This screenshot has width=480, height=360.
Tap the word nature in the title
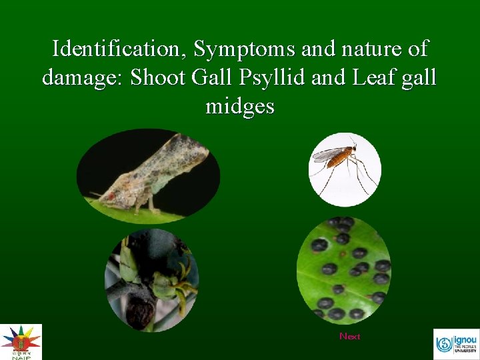(x=367, y=49)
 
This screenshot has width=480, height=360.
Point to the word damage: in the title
(x=83, y=77)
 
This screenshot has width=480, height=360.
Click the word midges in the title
(x=240, y=106)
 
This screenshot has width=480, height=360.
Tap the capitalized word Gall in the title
(x=209, y=77)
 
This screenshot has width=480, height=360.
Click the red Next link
(x=349, y=336)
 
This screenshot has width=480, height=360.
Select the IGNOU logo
(x=456, y=343)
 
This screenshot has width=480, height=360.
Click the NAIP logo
(x=21, y=341)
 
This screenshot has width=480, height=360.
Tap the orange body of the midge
(x=340, y=158)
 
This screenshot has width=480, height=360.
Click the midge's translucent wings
(x=327, y=154)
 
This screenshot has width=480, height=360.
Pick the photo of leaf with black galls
(x=343, y=269)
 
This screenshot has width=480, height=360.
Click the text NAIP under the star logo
(x=21, y=356)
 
